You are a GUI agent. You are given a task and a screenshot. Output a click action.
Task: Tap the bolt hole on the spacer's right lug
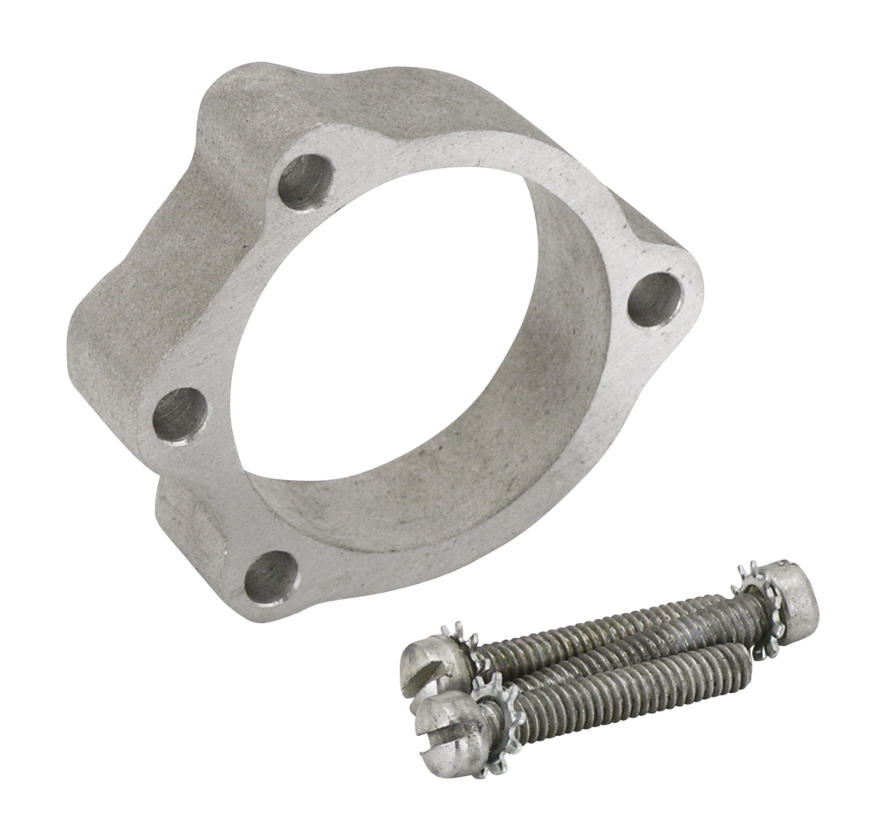click(654, 299)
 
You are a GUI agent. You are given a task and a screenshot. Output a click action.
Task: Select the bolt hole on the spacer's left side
click(180, 415)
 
